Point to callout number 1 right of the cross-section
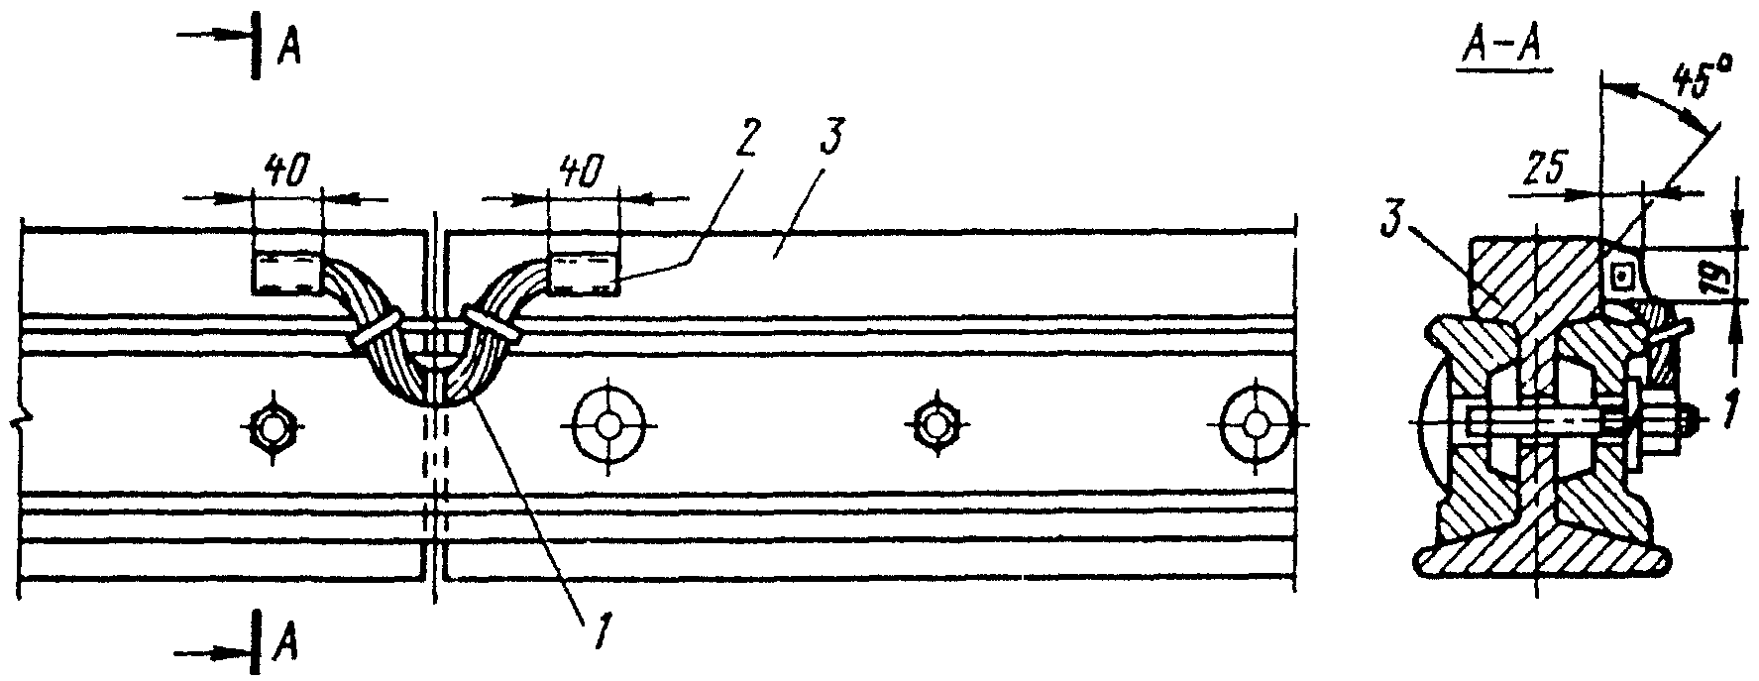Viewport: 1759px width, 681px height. pos(1727,408)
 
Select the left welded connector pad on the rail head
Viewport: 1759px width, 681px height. pos(287,272)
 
